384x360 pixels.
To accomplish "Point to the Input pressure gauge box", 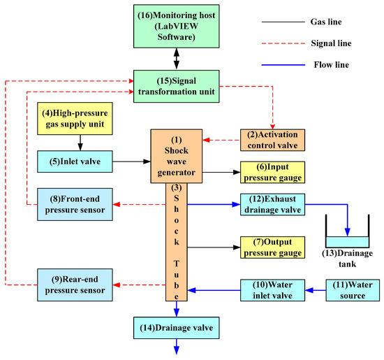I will click(x=272, y=171).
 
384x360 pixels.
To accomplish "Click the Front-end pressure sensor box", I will click(x=72, y=204).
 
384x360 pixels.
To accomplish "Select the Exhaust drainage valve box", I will click(x=272, y=204).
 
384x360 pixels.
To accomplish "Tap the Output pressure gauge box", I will click(x=272, y=247).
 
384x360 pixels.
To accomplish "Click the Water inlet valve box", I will click(x=272, y=289).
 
